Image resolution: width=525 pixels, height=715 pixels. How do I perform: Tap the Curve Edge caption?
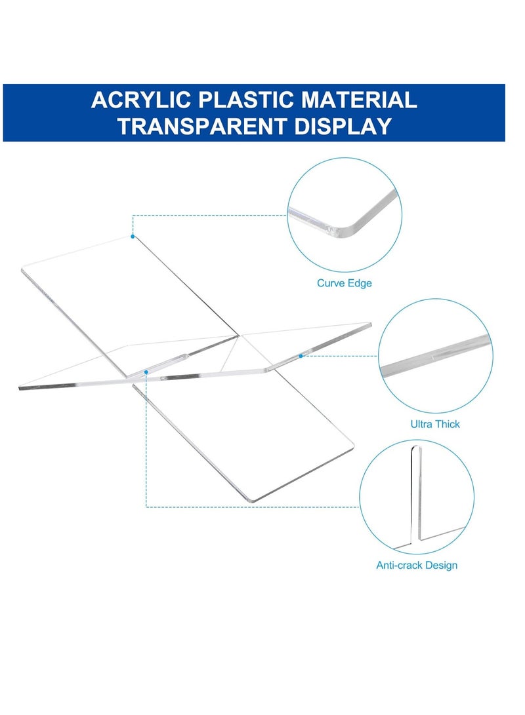click(344, 283)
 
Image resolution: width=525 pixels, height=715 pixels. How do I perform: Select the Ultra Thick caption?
click(435, 424)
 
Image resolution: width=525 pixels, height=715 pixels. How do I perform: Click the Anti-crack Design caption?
click(417, 565)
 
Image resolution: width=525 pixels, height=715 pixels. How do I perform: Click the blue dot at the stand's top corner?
click(133, 236)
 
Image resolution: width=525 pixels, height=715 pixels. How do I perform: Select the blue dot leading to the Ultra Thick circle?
click(301, 356)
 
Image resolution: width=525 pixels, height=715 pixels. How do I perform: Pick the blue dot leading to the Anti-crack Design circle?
click(146, 371)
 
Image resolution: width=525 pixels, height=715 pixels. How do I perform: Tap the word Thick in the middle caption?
click(446, 424)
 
